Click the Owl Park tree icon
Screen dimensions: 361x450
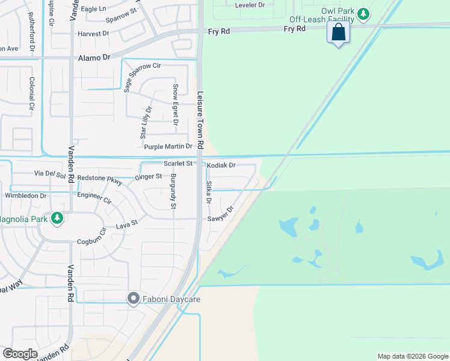click(363, 13)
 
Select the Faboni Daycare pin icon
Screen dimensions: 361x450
click(133, 298)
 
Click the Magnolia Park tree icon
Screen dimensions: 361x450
click(58, 218)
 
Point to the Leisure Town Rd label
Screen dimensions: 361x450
click(200, 120)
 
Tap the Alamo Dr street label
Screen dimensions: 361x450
click(95, 58)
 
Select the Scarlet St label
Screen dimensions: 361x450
click(178, 163)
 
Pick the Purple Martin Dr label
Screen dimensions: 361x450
click(168, 146)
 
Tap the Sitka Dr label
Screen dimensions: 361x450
click(209, 193)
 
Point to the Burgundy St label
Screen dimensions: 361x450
click(173, 192)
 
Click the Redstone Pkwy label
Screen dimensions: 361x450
click(100, 179)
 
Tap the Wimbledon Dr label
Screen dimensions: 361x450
click(25, 196)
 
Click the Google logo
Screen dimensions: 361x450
click(20, 353)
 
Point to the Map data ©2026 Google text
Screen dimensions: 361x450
click(412, 356)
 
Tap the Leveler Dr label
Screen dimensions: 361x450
click(250, 5)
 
